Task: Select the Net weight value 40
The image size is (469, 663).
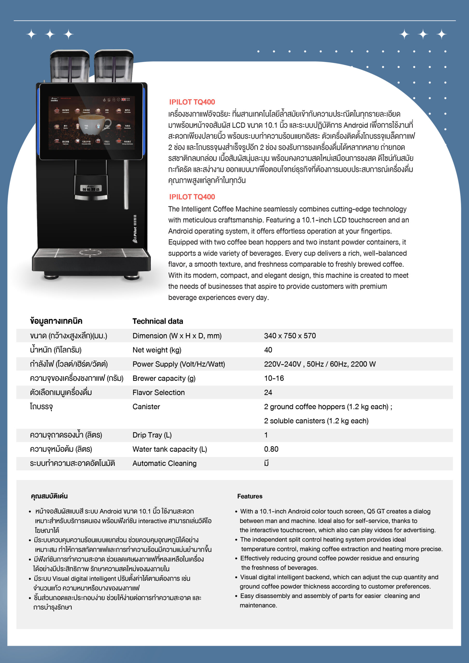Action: pyautogui.click(x=268, y=350)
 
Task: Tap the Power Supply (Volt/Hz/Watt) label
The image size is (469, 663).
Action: pyautogui.click(x=179, y=364)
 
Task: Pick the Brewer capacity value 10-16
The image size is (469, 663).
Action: pyautogui.click(x=274, y=378)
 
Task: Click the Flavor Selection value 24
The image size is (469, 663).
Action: pyautogui.click(x=268, y=392)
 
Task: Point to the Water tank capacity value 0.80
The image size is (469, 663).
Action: pyautogui.click(x=271, y=449)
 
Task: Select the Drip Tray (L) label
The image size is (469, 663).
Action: pyautogui.click(x=152, y=435)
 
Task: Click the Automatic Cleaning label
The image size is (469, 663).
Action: pyautogui.click(x=165, y=463)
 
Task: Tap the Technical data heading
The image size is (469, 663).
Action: pyautogui.click(x=158, y=321)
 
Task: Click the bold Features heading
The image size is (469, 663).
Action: pyautogui.click(x=250, y=496)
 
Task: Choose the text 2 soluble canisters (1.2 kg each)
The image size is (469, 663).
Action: pyautogui.click(x=316, y=421)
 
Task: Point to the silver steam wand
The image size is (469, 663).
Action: pyautogui.click(x=126, y=185)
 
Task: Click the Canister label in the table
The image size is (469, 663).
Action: pyautogui.click(x=146, y=407)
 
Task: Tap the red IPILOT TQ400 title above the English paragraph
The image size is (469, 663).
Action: pyautogui.click(x=192, y=197)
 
